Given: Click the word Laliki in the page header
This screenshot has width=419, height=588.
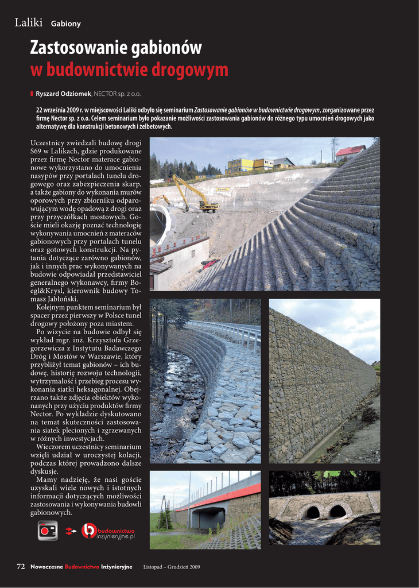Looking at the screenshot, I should pyautogui.click(x=29, y=22).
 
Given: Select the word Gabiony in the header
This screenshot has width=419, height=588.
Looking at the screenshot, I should pyautogui.click(x=65, y=24).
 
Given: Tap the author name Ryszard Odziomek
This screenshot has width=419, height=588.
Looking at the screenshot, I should pyautogui.click(x=63, y=94).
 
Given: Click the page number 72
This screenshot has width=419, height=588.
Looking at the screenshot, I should pyautogui.click(x=21, y=567).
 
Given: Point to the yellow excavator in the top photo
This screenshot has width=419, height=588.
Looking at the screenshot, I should pyautogui.click(x=195, y=195).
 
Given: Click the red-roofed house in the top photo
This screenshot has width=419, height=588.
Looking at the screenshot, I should pyautogui.click(x=350, y=152).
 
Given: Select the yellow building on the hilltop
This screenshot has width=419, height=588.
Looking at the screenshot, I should pyautogui.click(x=241, y=165).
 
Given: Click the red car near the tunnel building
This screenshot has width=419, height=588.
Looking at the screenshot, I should pyautogui.click(x=209, y=264).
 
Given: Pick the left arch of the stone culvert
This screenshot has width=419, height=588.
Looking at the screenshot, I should pyautogui.click(x=312, y=512).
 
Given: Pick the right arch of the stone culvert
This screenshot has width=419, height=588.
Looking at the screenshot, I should pyautogui.click(x=338, y=510).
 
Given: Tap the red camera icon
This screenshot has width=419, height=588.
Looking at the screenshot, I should pyautogui.click(x=48, y=531).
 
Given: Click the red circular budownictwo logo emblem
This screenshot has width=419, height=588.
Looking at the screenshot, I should pyautogui.click(x=88, y=531).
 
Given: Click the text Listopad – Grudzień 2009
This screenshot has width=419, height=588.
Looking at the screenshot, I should pyautogui.click(x=171, y=567).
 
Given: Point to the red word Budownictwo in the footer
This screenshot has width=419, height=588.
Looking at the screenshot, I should pyautogui.click(x=82, y=567).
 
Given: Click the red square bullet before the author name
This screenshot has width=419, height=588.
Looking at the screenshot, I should pyautogui.click(x=32, y=94).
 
